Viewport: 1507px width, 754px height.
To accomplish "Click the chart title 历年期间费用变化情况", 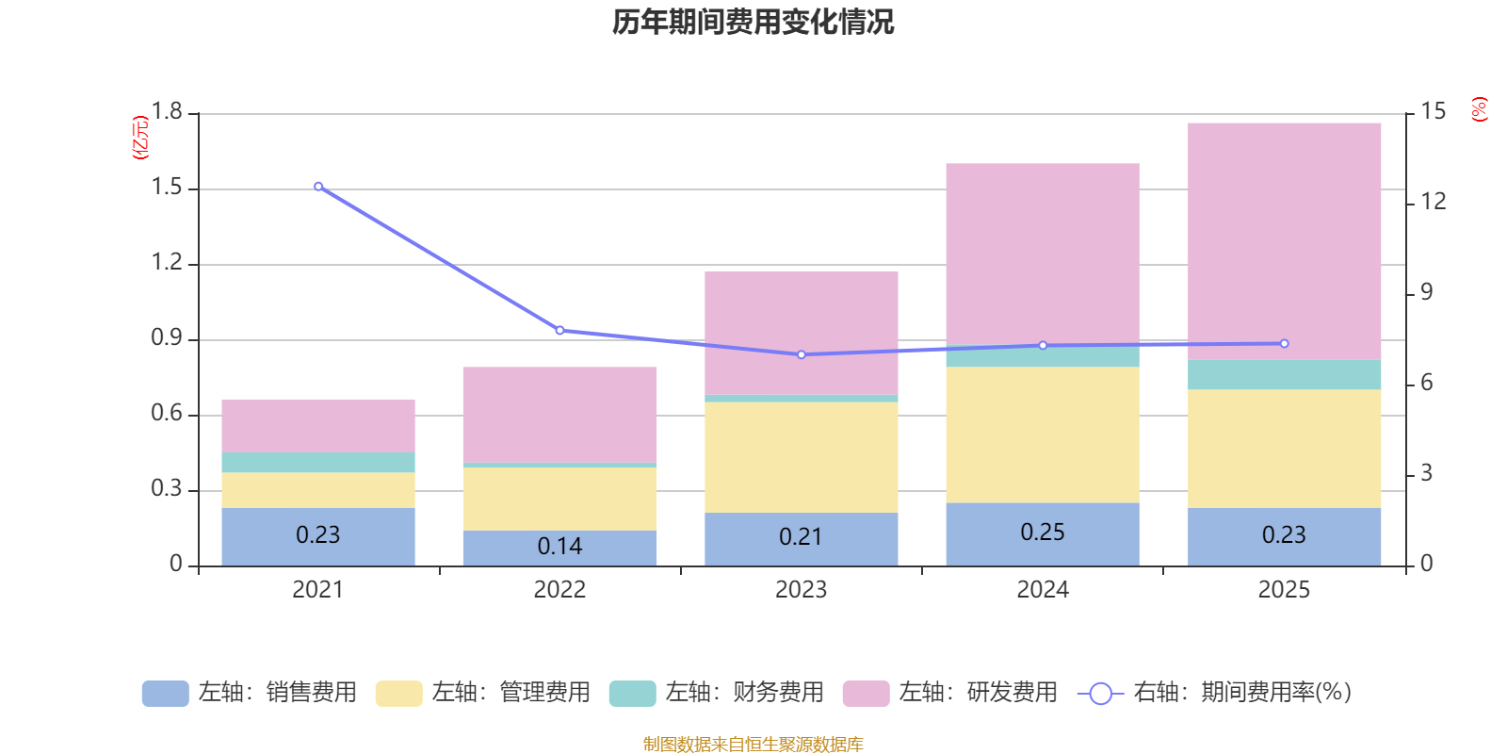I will pyautogui.click(x=753, y=22).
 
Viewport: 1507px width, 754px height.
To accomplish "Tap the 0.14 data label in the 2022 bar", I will pyautogui.click(x=559, y=547).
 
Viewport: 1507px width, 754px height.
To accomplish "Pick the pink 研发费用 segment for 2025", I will pyautogui.click(x=1284, y=240).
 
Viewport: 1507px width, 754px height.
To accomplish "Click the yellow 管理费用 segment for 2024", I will pyautogui.click(x=1042, y=434).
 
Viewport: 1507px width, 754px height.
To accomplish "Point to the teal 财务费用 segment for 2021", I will pyautogui.click(x=318, y=462).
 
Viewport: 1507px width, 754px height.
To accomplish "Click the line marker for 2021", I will pyautogui.click(x=318, y=187).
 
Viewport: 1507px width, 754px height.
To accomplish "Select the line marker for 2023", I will pyautogui.click(x=802, y=354).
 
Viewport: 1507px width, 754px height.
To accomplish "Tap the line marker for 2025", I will pyautogui.click(x=1284, y=344).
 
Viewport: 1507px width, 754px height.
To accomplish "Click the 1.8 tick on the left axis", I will pyautogui.click(x=168, y=112).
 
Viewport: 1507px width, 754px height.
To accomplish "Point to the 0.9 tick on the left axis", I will pyautogui.click(x=168, y=338).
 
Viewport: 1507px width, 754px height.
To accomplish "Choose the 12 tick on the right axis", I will pyautogui.click(x=1434, y=202).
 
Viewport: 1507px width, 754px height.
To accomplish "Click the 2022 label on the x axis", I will pyautogui.click(x=559, y=590).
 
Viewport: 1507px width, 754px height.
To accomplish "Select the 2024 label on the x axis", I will pyautogui.click(x=1042, y=590).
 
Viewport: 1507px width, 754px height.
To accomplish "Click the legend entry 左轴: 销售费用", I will pyautogui.click(x=250, y=693).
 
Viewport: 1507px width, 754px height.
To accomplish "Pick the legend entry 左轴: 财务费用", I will pyautogui.click(x=717, y=693).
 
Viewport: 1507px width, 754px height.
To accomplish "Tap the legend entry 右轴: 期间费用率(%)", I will pyautogui.click(x=1214, y=693).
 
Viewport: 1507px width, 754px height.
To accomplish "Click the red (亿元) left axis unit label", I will pyautogui.click(x=141, y=138).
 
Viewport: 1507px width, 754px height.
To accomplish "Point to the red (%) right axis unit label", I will pyautogui.click(x=1479, y=109).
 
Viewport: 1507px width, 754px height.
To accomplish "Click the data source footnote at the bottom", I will pyautogui.click(x=753, y=745).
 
